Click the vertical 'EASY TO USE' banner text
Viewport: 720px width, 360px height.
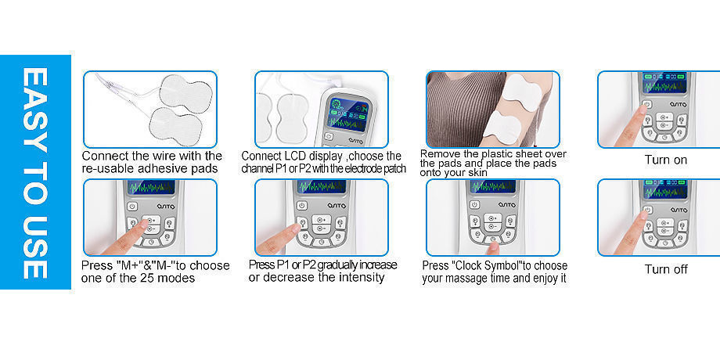pyautogui.click(x=35, y=172)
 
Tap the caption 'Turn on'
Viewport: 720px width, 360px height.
pyautogui.click(x=665, y=160)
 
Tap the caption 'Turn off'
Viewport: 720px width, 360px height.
pyautogui.click(x=665, y=269)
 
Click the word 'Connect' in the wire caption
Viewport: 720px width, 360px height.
pyautogui.click(x=106, y=156)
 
